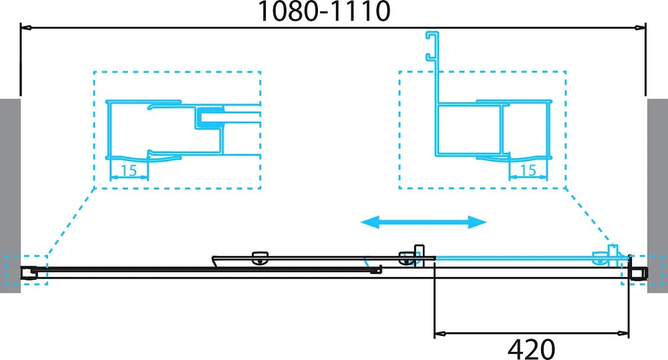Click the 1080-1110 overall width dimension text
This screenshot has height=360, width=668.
click(324, 11)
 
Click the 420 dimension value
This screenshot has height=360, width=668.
click(531, 349)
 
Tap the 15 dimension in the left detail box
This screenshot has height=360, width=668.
click(129, 170)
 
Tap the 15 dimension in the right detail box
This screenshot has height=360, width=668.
click(528, 170)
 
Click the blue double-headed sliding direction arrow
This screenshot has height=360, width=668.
click(424, 222)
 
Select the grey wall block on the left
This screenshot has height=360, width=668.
click(10, 196)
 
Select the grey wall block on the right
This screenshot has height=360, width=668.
click(657, 196)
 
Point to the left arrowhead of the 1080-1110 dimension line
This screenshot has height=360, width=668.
click(26, 28)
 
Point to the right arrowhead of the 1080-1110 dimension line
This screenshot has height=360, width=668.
click(640, 28)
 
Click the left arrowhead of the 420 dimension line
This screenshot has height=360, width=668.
click(440, 333)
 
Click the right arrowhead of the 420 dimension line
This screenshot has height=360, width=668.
click(624, 333)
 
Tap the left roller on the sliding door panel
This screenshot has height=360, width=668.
click(260, 258)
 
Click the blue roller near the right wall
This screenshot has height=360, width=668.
click(601, 258)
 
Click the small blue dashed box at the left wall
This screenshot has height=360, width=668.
click(27, 270)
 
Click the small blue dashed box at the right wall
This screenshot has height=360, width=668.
click(642, 270)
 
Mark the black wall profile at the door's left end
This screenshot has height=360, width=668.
click(27, 273)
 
